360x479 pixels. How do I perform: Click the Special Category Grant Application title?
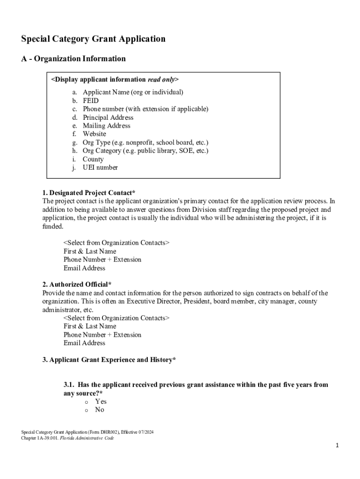pos(93,39)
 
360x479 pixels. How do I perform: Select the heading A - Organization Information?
pos(73,58)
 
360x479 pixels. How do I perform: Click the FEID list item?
pos(91,101)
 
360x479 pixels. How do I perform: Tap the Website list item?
pos(94,134)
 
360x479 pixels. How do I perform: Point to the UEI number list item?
pos(100,167)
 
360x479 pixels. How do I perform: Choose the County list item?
pos(93,159)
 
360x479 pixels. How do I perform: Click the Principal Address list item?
pos(108,117)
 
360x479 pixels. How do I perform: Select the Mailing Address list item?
pos(107,126)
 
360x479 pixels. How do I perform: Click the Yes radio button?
pos(86,401)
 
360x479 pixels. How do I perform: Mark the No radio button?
pos(86,410)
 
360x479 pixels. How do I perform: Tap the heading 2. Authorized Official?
pos(77,284)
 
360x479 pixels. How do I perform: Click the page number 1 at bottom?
pos(337,446)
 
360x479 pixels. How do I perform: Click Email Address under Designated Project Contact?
pos(85,268)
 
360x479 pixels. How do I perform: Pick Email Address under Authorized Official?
pos(85,343)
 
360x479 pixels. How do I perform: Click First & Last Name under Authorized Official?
pos(90,326)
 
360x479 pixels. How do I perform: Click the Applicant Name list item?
pos(133,92)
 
